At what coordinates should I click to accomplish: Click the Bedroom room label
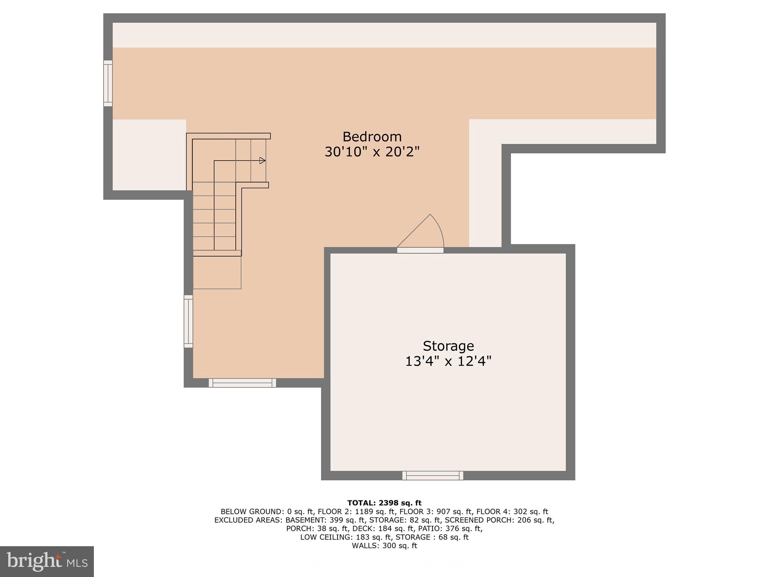pos(372,136)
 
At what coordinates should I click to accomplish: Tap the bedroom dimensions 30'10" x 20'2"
pos(372,152)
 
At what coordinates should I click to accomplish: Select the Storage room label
pos(448,346)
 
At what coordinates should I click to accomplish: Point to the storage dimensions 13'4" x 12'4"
pos(448,361)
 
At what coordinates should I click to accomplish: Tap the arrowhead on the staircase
pos(262,161)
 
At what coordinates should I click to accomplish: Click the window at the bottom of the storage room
pos(433,476)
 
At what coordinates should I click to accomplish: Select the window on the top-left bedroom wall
pos(108,83)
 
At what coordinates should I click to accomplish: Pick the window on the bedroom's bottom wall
pos(242,383)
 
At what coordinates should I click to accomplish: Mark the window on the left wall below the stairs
pos(188,321)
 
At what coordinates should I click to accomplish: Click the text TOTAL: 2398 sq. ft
pos(384,503)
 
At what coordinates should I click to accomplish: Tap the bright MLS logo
pos(47,561)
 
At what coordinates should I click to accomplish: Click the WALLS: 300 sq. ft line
pos(384,546)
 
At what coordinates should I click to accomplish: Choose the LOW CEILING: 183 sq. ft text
pos(345,537)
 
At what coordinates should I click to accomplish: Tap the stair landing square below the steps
pos(217,272)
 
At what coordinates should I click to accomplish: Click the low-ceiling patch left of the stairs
pos(149,155)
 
